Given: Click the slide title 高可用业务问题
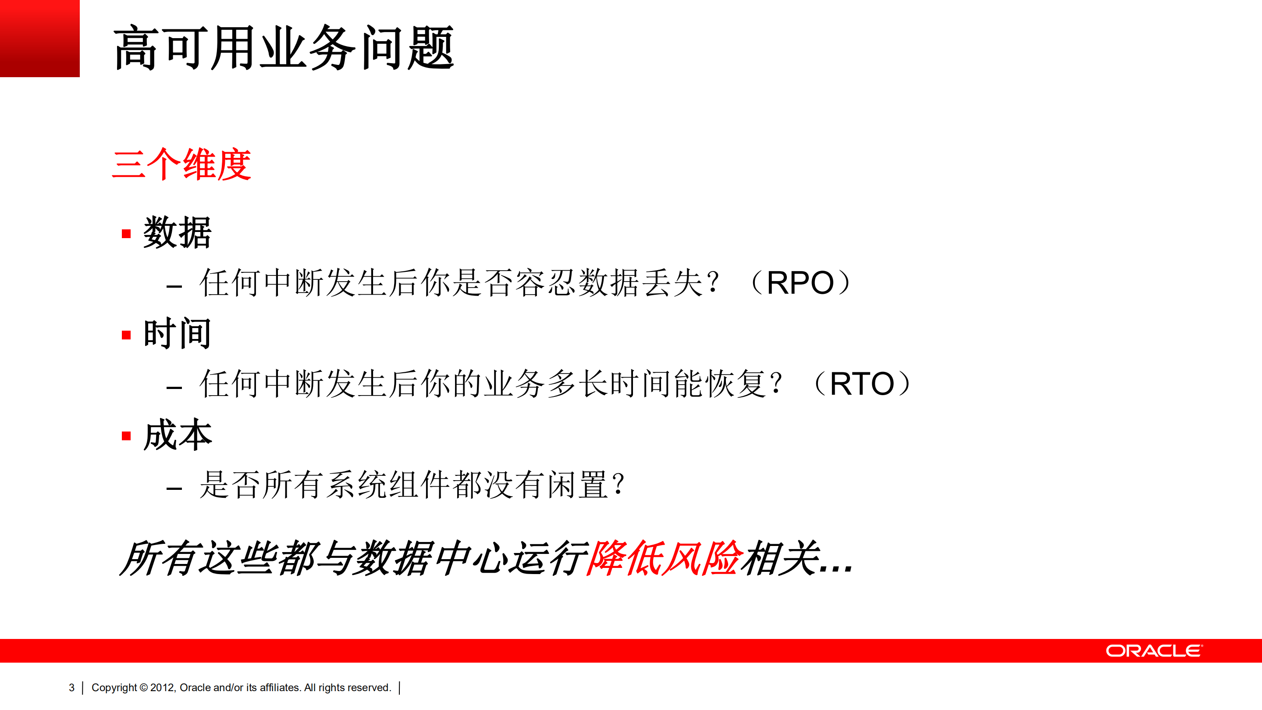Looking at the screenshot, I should point(284,48).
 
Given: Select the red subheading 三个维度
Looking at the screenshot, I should point(181,164).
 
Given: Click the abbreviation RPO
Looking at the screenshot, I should point(800,283).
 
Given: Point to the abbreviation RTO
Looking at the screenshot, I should point(862,384).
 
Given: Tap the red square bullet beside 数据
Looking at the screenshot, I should point(126,234).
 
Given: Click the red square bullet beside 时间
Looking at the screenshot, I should point(126,335).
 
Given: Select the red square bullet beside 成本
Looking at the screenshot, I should point(126,436).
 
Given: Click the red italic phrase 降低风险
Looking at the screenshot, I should point(662,558).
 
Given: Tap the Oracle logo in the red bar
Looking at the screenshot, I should point(1154,651).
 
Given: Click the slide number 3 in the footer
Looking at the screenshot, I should point(71,688).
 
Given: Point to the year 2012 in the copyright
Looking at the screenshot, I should point(162,688).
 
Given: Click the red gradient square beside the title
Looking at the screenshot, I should point(40,38).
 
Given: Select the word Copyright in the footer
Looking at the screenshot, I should point(114,688).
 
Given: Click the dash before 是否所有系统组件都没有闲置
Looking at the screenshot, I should point(174,488).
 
